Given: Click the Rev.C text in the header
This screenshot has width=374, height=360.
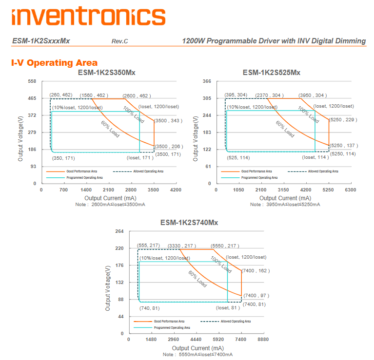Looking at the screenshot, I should (x=119, y=41).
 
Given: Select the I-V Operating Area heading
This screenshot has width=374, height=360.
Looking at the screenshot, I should (x=54, y=63).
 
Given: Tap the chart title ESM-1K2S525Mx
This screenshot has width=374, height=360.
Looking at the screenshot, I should (x=272, y=73).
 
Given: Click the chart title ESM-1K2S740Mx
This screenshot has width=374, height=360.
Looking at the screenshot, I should (x=189, y=223).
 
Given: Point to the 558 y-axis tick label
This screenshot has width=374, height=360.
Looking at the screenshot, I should (x=32, y=81).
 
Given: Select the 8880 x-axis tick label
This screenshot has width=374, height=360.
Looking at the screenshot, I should (x=264, y=340).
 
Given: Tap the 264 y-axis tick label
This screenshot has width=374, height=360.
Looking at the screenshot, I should (x=119, y=231).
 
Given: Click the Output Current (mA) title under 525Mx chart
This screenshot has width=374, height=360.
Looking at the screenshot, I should (x=285, y=198).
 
